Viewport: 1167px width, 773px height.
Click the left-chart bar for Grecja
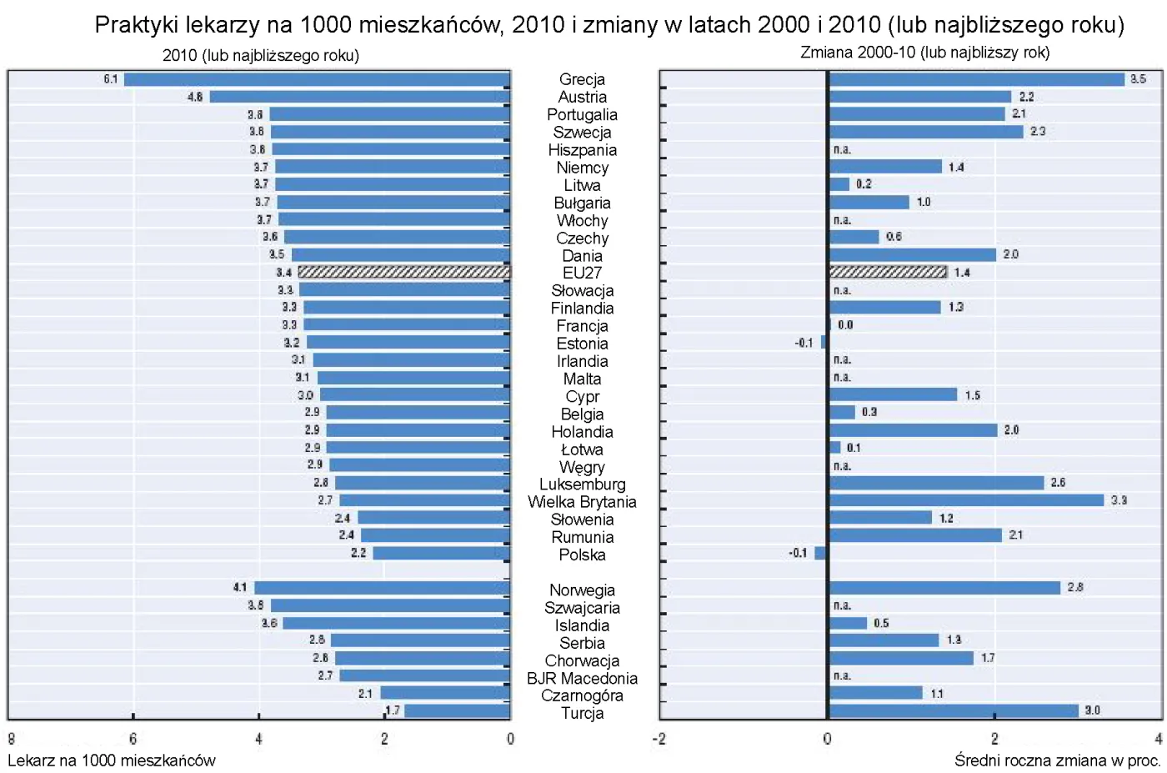pyautogui.click(x=317, y=79)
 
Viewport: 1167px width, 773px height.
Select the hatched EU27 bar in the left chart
pyautogui.click(x=403, y=272)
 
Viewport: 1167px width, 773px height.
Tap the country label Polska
pyautogui.click(x=582, y=555)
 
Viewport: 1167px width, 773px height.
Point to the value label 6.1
pyautogui.click(x=111, y=79)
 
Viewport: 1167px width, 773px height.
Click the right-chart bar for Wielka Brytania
pyautogui.click(x=966, y=500)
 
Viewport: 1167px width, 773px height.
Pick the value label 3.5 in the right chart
pyautogui.click(x=1138, y=79)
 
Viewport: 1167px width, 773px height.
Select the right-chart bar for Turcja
pyautogui.click(x=954, y=710)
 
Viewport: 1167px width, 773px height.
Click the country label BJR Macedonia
pyautogui.click(x=582, y=678)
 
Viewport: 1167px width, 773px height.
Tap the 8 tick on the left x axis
pyautogui.click(x=11, y=739)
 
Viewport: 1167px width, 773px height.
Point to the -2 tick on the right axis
pyautogui.click(x=659, y=739)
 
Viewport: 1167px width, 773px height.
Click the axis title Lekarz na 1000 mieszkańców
pyautogui.click(x=112, y=760)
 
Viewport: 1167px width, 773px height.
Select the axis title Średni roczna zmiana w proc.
pyautogui.click(x=1057, y=760)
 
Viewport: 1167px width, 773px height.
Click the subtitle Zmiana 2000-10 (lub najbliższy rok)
pyautogui.click(x=924, y=53)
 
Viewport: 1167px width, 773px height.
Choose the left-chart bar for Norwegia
pyautogui.click(x=382, y=588)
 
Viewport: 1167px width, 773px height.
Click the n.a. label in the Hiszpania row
pyautogui.click(x=842, y=149)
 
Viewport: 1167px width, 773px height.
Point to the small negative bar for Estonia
pyautogui.click(x=824, y=342)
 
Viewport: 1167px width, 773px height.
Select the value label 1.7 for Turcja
pyautogui.click(x=393, y=710)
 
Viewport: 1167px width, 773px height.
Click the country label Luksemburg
pyautogui.click(x=582, y=484)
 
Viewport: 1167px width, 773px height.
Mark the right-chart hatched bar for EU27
pyautogui.click(x=888, y=272)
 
